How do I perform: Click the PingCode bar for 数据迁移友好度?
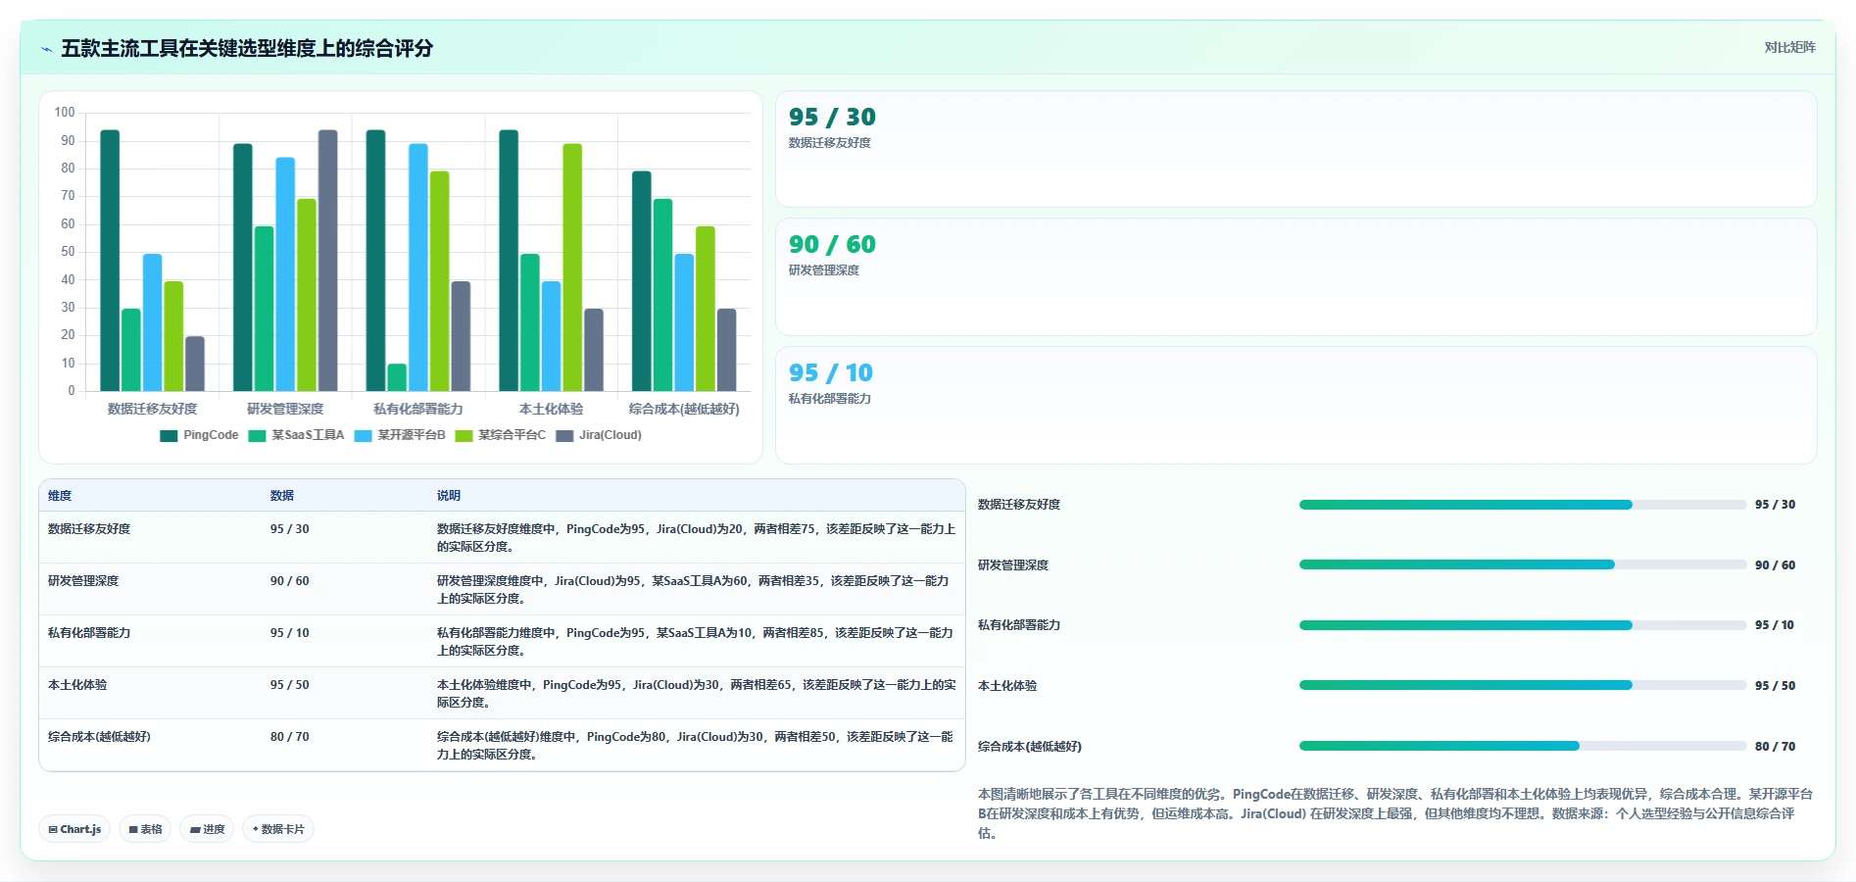point(110,261)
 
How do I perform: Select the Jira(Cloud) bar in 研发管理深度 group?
point(327,261)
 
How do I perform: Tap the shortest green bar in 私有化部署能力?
point(397,377)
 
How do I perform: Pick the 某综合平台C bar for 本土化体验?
point(572,268)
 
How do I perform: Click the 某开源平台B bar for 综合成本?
point(684,322)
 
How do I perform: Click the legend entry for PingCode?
point(199,435)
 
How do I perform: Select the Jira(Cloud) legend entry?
point(599,435)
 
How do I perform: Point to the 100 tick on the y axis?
point(65,113)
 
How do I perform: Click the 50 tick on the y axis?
point(68,252)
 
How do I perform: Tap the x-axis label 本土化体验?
point(551,409)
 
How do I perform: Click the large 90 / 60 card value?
point(832,244)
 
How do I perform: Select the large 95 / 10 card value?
point(831,372)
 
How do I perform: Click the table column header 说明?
point(449,496)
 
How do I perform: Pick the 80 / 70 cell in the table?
point(290,737)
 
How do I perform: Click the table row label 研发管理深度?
point(83,581)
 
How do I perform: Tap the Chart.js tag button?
point(74,829)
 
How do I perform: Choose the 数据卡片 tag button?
point(278,829)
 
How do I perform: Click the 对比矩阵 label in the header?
point(1789,47)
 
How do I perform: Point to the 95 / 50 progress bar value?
point(1775,686)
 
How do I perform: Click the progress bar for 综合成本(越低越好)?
point(1523,746)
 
